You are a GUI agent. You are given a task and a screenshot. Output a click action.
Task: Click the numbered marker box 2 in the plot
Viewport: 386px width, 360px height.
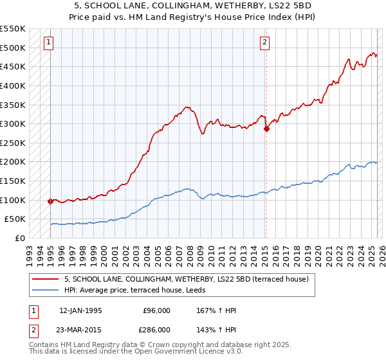pos(264,43)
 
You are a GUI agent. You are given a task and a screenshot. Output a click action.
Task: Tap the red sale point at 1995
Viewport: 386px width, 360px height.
pos(50,201)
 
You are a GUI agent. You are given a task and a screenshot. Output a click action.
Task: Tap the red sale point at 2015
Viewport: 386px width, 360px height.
pos(266,129)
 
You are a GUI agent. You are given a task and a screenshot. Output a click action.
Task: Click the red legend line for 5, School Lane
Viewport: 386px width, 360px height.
pos(46,279)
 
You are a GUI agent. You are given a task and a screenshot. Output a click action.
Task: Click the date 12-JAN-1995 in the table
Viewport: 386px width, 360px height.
pos(80,310)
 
